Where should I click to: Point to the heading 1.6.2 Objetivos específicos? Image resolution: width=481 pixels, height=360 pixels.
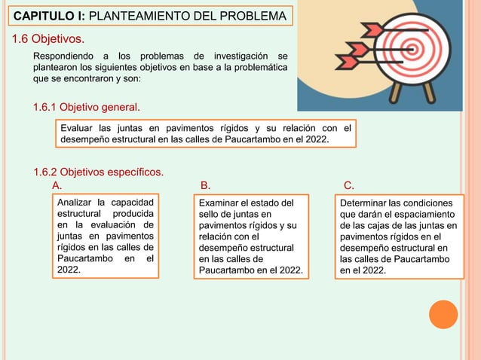(x=99, y=172)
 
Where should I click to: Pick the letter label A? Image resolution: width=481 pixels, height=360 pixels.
(x=56, y=185)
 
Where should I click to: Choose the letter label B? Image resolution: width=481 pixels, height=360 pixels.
(x=205, y=185)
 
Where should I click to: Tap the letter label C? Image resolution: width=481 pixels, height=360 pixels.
(x=348, y=185)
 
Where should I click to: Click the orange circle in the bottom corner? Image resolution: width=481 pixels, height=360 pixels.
(x=443, y=314)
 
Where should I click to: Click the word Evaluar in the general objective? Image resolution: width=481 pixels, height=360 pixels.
(x=78, y=127)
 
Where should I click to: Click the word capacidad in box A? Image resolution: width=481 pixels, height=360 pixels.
(x=132, y=203)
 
